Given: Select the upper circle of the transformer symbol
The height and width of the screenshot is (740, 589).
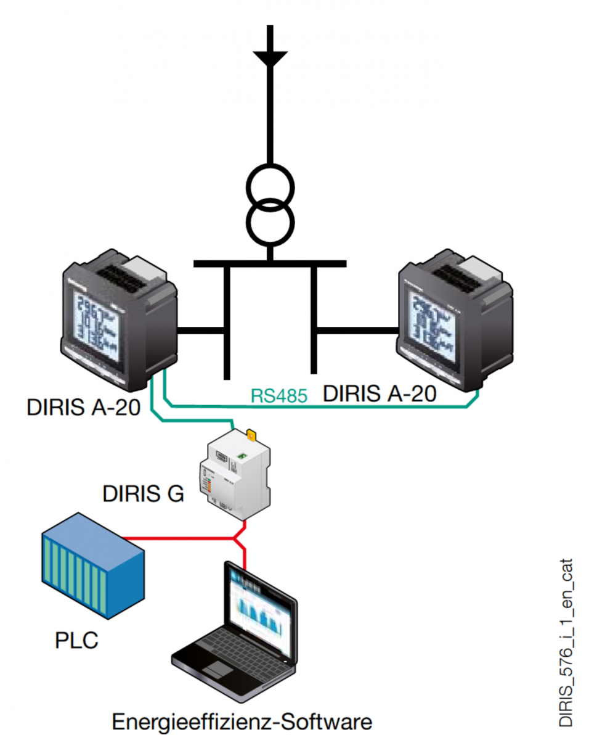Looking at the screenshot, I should coord(270,185).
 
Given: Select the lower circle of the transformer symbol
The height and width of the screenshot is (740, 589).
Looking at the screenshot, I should coord(270,223).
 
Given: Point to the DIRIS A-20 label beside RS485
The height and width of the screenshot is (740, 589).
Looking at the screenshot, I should coord(380,393).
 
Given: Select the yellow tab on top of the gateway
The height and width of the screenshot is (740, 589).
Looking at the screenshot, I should coord(251,436).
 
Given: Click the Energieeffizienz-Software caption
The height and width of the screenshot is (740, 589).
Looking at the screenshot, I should coord(242,720).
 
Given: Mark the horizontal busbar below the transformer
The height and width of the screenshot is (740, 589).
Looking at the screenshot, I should coord(270,264).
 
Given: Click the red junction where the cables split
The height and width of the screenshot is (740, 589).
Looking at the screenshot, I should coord(237,538).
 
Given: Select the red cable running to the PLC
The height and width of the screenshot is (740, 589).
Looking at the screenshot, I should coord(179,538).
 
